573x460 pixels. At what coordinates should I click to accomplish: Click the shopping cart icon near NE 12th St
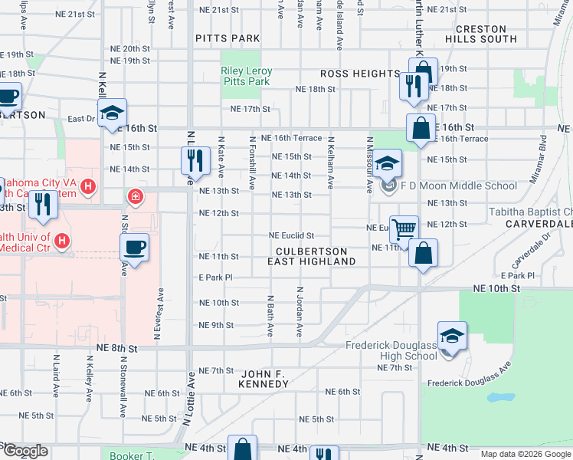click(x=404, y=228)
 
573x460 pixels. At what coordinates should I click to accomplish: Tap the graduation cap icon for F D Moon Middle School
click(x=388, y=163)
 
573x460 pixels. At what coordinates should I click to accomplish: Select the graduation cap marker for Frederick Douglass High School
click(x=452, y=335)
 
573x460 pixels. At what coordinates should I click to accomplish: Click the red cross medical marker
click(x=136, y=197)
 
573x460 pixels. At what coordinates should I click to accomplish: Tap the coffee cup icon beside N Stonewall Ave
click(x=135, y=247)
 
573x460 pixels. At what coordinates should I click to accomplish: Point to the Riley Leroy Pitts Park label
click(x=246, y=76)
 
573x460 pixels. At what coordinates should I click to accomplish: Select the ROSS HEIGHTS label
click(x=360, y=74)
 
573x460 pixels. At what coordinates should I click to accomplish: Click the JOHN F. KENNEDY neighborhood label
click(x=264, y=379)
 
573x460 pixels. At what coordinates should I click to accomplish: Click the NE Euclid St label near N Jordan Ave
click(x=291, y=235)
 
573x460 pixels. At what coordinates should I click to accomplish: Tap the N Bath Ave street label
click(x=270, y=314)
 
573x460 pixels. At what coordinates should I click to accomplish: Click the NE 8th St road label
click(x=117, y=348)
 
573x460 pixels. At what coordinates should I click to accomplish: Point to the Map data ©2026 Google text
click(x=525, y=454)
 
